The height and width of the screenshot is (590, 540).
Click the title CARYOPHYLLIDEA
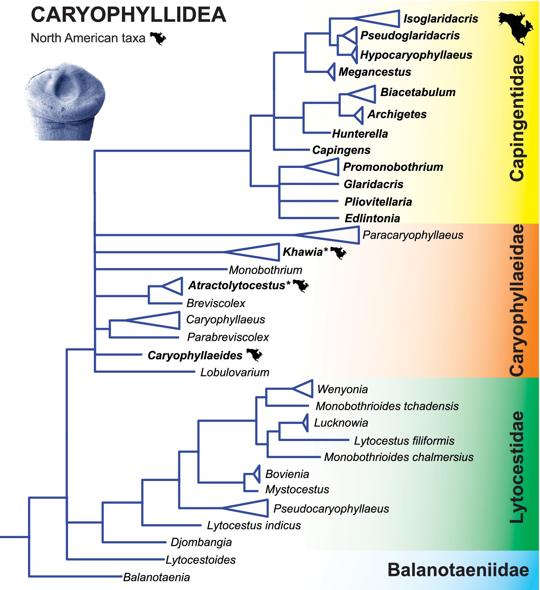tap(129, 15)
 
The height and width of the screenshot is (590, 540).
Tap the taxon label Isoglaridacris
tap(441, 19)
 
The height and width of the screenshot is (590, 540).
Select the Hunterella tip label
tap(360, 134)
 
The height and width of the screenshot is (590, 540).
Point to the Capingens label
tap(341, 150)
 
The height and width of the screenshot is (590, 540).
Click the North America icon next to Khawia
tap(338, 253)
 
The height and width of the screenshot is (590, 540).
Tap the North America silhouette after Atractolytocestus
tap(301, 286)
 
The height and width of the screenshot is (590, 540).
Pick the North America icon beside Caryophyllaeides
tap(255, 355)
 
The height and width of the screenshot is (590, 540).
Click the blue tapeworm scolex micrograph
tap(65, 102)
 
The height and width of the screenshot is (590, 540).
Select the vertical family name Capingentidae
tap(517, 118)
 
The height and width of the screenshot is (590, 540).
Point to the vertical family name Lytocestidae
tap(517, 467)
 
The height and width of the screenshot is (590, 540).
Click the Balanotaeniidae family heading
tap(458, 570)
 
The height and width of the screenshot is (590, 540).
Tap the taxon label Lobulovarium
tap(235, 372)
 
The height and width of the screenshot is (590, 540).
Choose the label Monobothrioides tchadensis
tap(387, 406)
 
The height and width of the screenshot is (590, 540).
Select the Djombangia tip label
tap(201, 542)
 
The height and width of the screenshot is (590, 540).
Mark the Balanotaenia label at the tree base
tap(157, 577)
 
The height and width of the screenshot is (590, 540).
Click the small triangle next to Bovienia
tap(257, 474)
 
